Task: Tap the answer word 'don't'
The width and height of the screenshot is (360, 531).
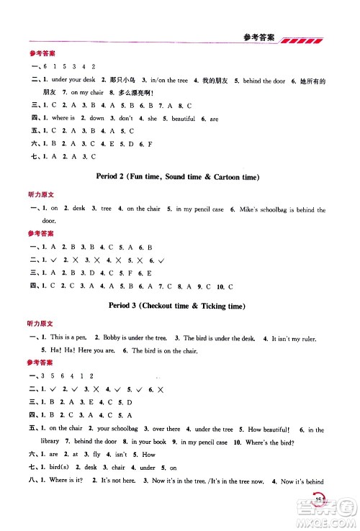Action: (126, 117)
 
